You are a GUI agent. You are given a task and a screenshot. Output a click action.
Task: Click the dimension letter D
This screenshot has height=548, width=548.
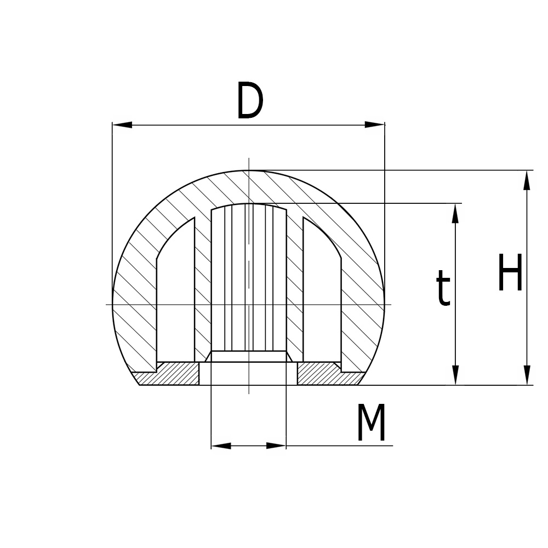[250, 101]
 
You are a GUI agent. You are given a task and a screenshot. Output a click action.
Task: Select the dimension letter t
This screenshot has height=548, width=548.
[443, 289]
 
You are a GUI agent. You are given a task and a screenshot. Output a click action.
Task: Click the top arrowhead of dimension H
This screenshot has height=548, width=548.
[527, 180]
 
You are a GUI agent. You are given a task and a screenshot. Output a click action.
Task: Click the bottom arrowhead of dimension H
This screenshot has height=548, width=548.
[527, 375]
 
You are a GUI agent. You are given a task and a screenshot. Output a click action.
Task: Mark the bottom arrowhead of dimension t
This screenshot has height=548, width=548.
[455, 375]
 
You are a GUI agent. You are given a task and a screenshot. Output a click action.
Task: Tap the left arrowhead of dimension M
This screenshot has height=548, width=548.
[220, 446]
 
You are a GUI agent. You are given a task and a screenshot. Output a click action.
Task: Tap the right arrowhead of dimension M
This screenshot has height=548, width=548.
[277, 446]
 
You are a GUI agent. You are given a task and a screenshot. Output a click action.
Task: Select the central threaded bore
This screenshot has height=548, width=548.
[249, 279]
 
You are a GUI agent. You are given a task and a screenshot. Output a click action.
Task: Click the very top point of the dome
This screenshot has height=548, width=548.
[249, 171]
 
